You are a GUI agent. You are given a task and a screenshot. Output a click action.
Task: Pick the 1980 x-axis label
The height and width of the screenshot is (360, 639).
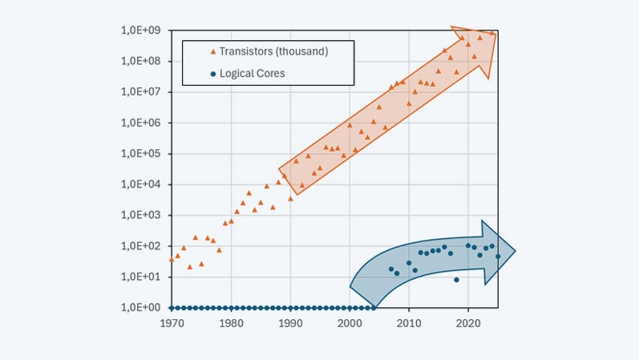pyautogui.click(x=231, y=324)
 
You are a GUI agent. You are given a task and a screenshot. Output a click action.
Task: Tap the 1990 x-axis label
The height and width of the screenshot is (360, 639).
pyautogui.click(x=290, y=324)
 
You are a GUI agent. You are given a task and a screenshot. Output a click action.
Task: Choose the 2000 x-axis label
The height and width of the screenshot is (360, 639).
pyautogui.click(x=350, y=324)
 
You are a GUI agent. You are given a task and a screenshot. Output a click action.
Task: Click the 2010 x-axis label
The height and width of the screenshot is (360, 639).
pyautogui.click(x=409, y=324)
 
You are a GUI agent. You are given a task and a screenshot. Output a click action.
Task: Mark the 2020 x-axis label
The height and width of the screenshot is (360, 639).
pyautogui.click(x=468, y=324)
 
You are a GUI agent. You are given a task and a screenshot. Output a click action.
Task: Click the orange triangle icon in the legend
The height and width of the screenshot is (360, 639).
pyautogui.click(x=212, y=52)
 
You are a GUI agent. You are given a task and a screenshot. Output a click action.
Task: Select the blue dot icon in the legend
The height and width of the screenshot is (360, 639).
pyautogui.click(x=212, y=74)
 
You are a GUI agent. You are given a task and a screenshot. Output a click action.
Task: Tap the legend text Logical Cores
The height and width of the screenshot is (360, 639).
pyautogui.click(x=252, y=74)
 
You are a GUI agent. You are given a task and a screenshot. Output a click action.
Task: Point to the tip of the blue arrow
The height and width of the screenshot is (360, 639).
pyautogui.click(x=515, y=252)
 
